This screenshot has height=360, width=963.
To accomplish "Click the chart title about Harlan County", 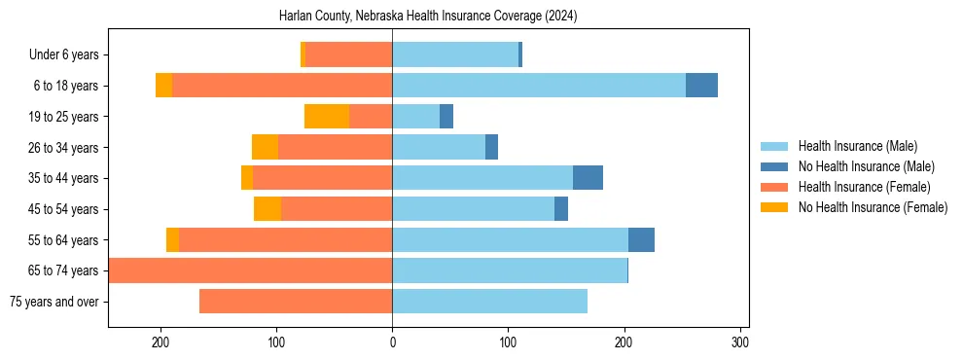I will (x=428, y=17).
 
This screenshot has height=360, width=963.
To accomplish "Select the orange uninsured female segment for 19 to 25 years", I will (x=327, y=117).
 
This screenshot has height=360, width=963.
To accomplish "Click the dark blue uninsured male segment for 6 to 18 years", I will (x=701, y=86).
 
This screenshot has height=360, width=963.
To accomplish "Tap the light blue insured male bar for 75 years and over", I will (x=489, y=302).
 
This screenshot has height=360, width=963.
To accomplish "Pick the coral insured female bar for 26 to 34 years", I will (x=335, y=147).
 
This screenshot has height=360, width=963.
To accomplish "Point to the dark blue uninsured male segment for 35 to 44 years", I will (x=588, y=178).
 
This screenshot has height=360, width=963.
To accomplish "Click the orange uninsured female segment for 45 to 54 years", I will (x=267, y=209).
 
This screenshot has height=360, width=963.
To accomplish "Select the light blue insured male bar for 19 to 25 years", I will (x=415, y=117).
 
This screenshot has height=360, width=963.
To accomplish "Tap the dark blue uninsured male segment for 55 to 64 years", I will (x=641, y=239).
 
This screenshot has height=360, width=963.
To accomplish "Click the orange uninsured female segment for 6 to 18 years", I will (x=163, y=86).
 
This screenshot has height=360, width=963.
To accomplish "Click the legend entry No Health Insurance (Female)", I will (x=873, y=207).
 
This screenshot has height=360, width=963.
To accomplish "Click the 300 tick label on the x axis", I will (x=739, y=342).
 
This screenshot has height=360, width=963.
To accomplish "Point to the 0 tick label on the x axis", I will (x=392, y=342).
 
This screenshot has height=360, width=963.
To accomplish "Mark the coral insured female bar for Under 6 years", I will (x=348, y=55).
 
